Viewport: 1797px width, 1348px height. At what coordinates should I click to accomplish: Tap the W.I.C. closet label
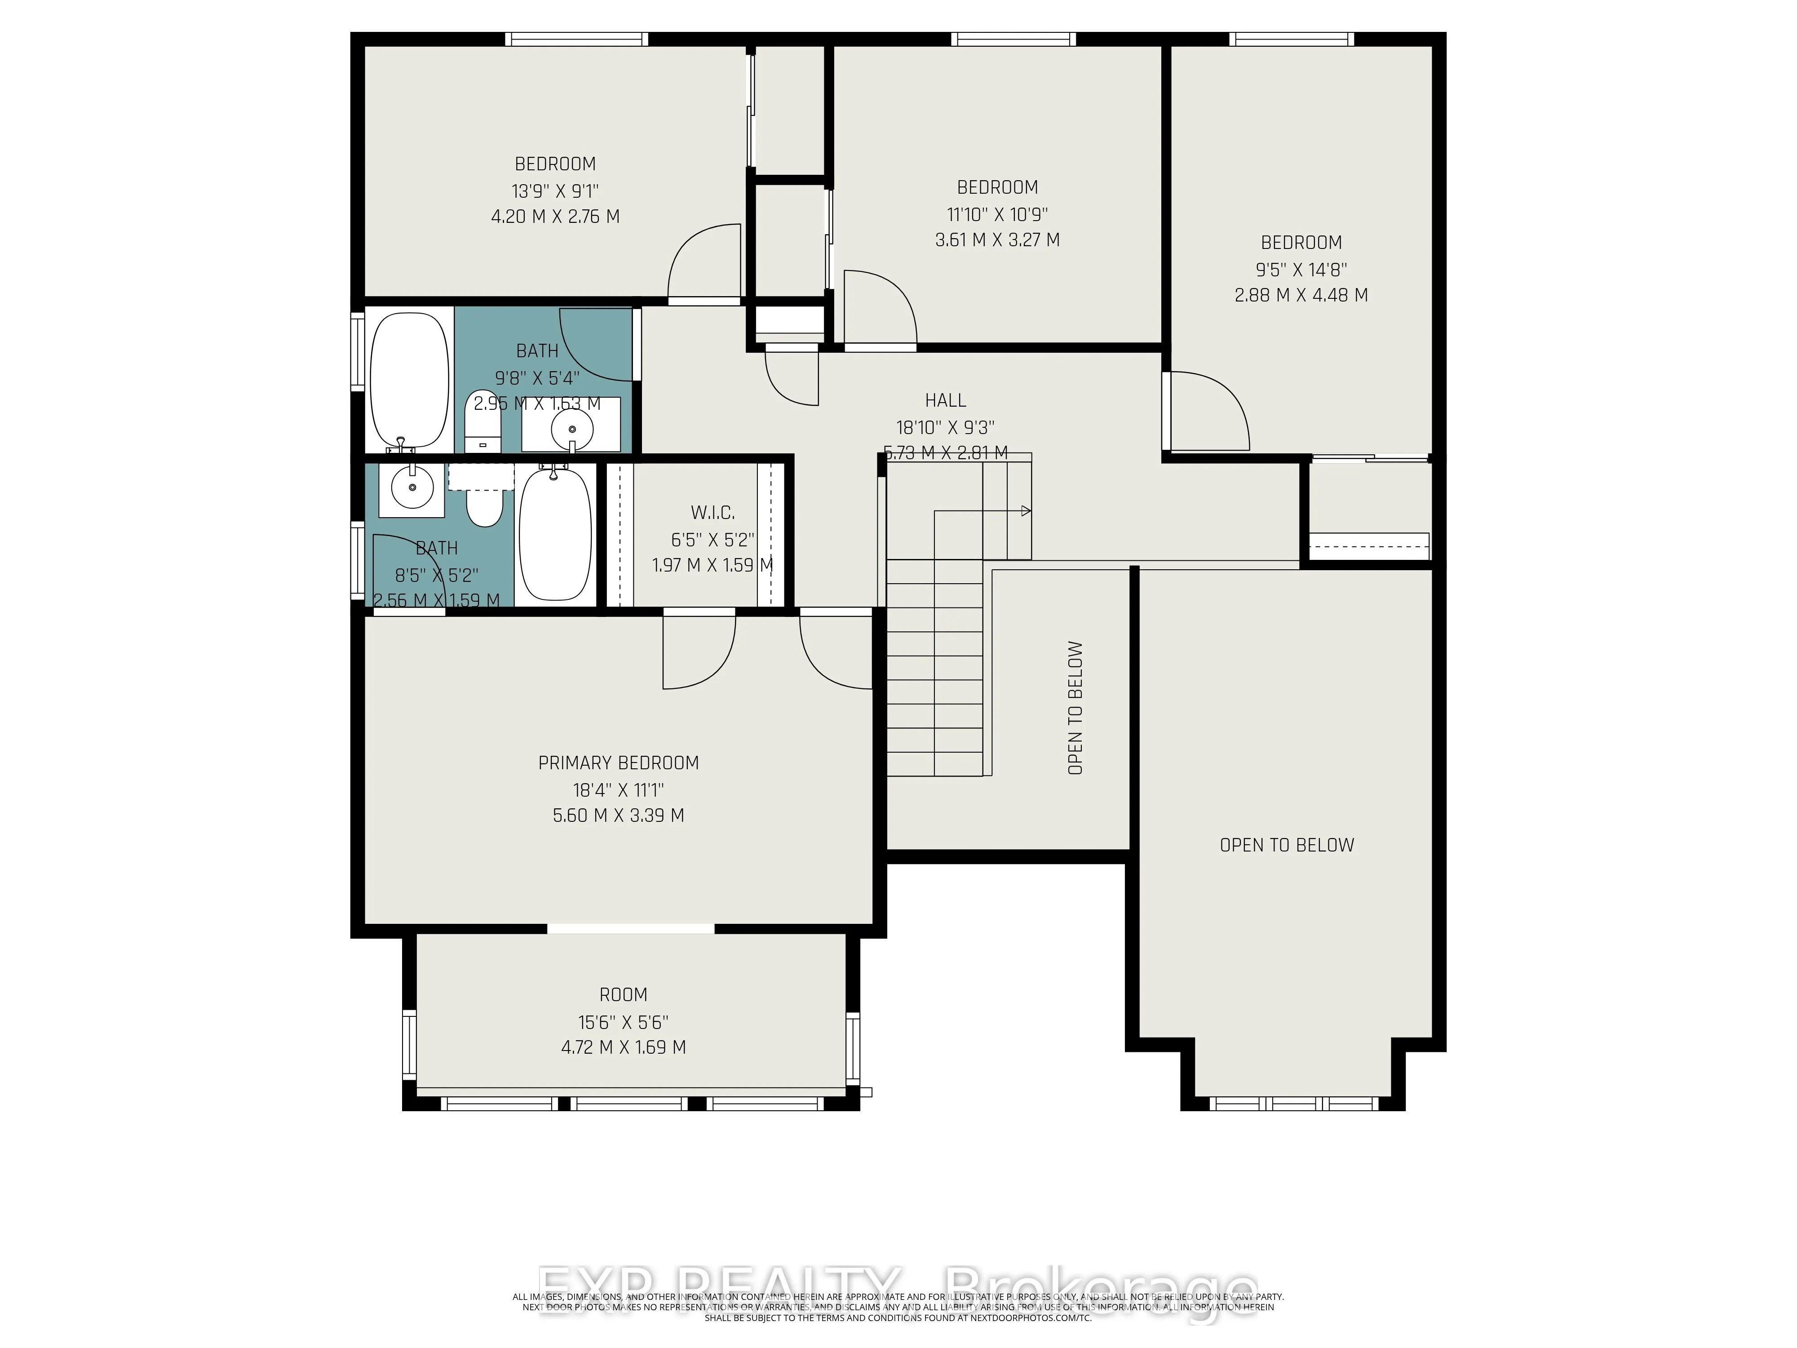713,513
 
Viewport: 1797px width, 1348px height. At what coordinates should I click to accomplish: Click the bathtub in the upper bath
409,379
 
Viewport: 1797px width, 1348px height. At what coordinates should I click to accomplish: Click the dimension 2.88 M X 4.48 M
1301,295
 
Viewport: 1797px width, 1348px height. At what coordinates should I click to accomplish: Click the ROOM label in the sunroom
623,994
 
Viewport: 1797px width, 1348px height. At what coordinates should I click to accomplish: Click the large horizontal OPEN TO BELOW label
1286,845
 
